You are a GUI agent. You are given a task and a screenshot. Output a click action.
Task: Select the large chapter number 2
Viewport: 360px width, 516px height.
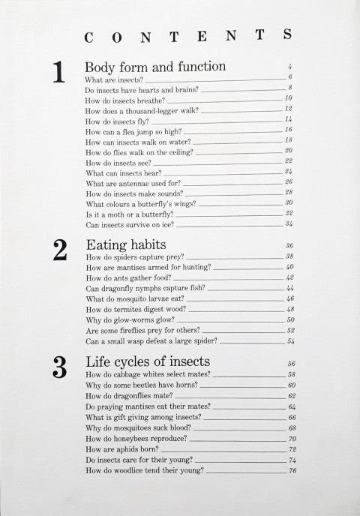(x=60, y=250)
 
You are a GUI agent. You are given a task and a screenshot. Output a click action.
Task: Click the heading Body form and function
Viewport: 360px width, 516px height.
(x=155, y=67)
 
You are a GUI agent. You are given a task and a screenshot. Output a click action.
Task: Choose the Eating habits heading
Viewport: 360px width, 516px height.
(x=126, y=244)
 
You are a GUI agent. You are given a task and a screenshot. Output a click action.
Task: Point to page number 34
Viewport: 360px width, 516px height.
(x=289, y=223)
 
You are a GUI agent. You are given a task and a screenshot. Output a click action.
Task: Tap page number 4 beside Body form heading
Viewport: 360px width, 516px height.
(x=289, y=67)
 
